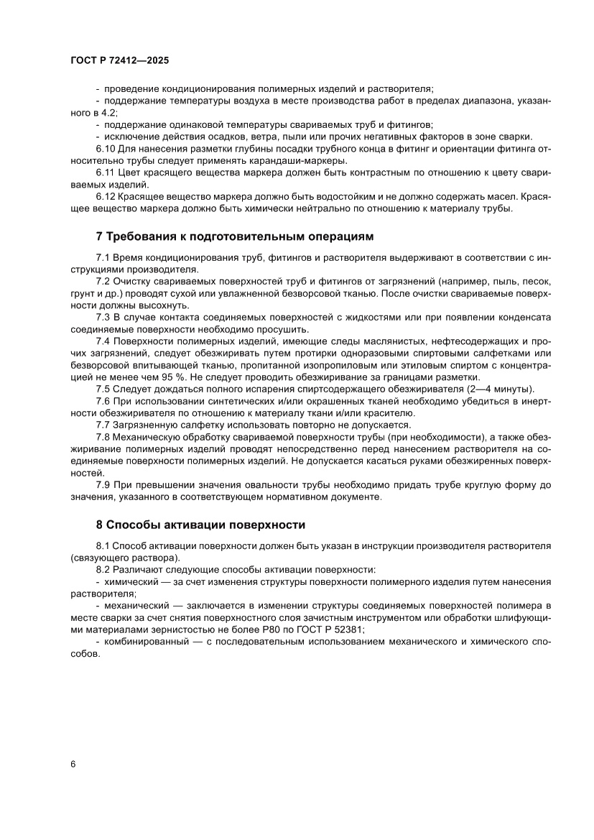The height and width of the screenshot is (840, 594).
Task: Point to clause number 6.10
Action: click(x=106, y=149)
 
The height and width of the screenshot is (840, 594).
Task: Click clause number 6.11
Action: click(x=106, y=173)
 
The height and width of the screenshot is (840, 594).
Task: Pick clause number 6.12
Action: click(x=106, y=197)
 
